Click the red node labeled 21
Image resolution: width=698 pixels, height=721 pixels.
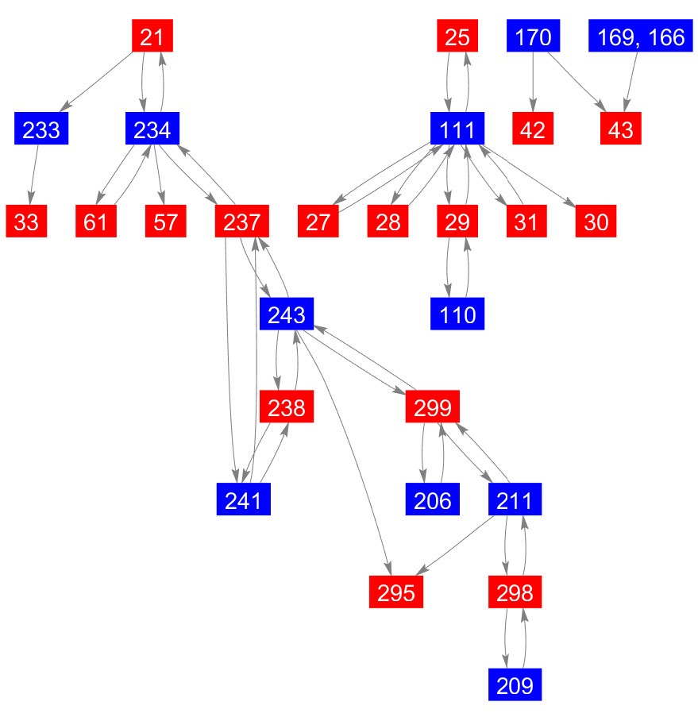[152, 37]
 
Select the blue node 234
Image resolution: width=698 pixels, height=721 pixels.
[152, 129]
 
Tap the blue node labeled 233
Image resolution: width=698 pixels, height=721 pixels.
[41, 129]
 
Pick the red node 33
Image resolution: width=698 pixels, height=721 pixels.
[26, 222]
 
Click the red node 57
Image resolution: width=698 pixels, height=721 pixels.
[165, 222]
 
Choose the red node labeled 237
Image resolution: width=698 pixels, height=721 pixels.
[242, 222]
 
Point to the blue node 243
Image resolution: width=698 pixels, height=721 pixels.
[287, 314]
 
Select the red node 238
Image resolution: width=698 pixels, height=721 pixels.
[287, 407]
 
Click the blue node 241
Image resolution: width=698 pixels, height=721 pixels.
[244, 500]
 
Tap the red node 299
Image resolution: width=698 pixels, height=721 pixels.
[433, 407]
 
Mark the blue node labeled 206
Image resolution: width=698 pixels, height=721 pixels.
[433, 500]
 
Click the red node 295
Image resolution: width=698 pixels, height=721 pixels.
[395, 593]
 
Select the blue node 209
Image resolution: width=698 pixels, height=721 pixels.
[515, 685]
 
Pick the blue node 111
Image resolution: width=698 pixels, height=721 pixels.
[457, 129]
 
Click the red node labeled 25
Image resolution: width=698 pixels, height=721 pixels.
[457, 37]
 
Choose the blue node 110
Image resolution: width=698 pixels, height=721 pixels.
[457, 314]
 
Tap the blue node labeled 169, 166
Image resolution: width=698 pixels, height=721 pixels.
[641, 37]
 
